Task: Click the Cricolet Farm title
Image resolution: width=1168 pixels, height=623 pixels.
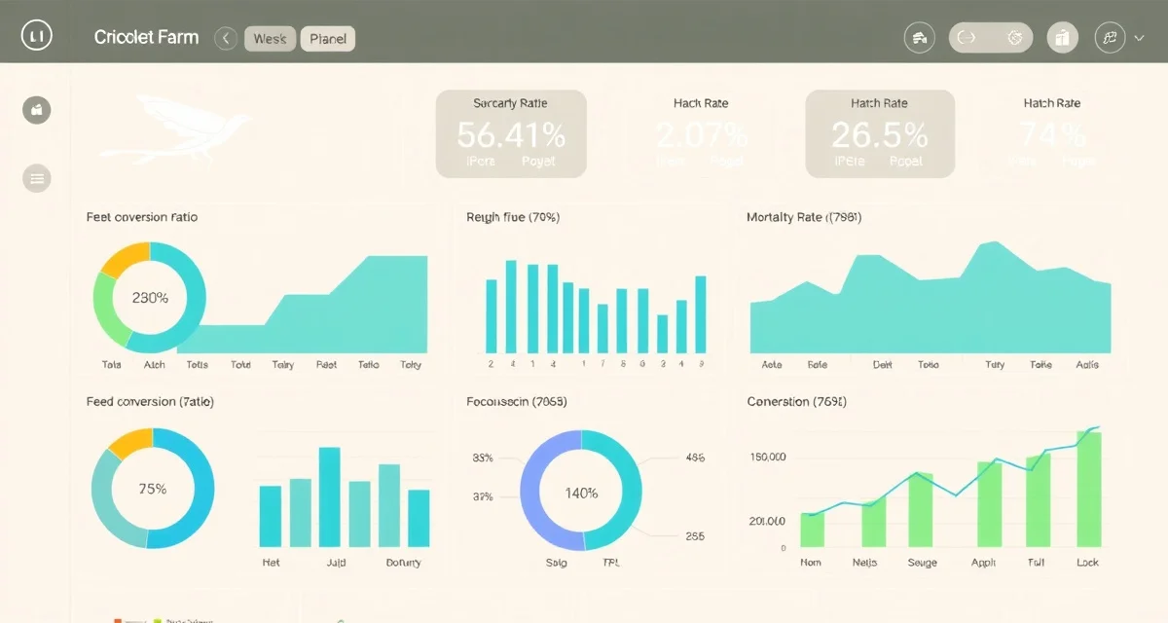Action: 146,38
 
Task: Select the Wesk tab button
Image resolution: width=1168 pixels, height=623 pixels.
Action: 270,39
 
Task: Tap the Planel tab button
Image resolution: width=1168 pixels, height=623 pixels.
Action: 328,39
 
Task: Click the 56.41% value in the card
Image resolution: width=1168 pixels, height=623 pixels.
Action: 510,134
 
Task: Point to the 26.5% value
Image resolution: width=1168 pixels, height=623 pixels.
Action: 879,134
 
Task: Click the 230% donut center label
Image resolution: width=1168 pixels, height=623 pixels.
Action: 150,298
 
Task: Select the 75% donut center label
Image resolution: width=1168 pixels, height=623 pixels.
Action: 153,489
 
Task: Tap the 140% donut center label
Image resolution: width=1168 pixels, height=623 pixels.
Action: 581,493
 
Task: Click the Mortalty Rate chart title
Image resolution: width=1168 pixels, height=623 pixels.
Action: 803,217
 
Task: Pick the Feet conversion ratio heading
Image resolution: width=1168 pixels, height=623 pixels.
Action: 142,217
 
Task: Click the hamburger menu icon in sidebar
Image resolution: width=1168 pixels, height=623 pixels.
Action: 37,178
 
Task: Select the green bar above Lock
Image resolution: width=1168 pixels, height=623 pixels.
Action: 1088,487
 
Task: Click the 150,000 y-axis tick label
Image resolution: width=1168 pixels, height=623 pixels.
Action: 768,457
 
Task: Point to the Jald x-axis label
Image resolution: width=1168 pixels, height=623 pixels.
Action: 335,563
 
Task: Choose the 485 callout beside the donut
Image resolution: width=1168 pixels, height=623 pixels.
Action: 695,457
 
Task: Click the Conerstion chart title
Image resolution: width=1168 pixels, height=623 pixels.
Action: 796,401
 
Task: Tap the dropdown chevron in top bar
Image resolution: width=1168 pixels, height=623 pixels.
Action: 1140,38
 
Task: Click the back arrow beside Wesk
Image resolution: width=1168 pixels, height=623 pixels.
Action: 226,39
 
